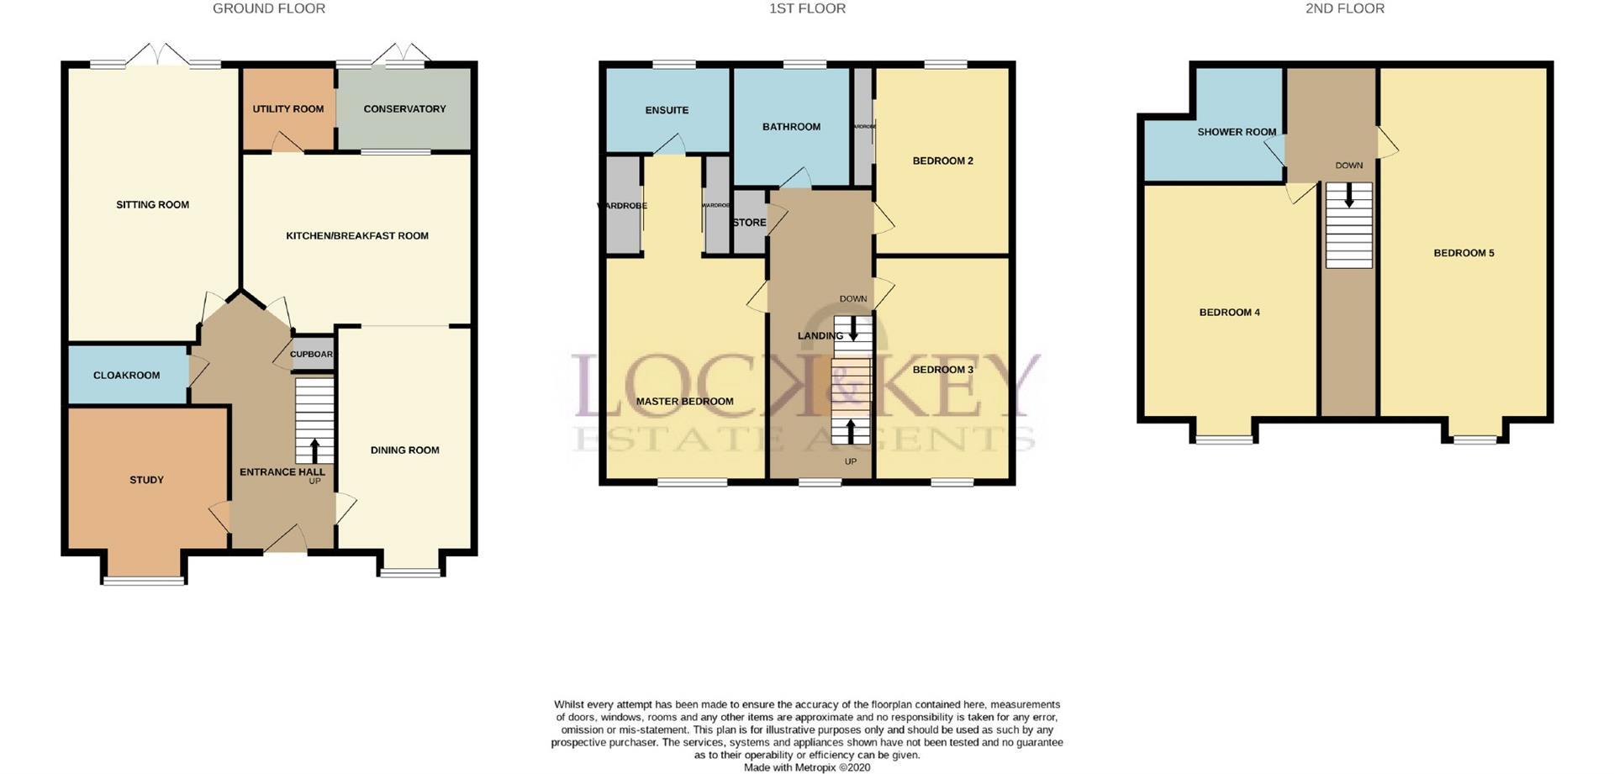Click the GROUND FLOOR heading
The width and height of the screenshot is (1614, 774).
(268, 8)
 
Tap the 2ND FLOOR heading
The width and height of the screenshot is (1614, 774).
(1344, 8)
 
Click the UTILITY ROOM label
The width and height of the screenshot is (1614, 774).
(288, 109)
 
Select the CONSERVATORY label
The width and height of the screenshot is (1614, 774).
(404, 109)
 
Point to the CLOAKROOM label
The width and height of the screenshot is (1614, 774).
(126, 376)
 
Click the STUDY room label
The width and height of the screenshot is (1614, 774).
(146, 480)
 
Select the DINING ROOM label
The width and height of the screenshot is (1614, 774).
(404, 450)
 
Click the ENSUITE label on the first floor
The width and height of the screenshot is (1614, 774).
(667, 110)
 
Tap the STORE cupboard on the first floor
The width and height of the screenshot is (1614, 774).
(749, 223)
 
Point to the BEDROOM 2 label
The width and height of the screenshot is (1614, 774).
(942, 161)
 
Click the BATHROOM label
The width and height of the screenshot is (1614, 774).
(791, 127)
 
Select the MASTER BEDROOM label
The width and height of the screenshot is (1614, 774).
(684, 402)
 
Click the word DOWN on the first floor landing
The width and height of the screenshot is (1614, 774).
(852, 299)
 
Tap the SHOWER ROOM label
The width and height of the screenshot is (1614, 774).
(1236, 132)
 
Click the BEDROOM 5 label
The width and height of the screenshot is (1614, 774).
(1464, 253)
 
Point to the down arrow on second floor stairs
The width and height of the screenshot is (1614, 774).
(1349, 197)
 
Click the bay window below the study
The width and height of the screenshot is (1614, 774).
(144, 580)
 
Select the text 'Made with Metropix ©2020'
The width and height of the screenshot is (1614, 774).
(807, 767)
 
